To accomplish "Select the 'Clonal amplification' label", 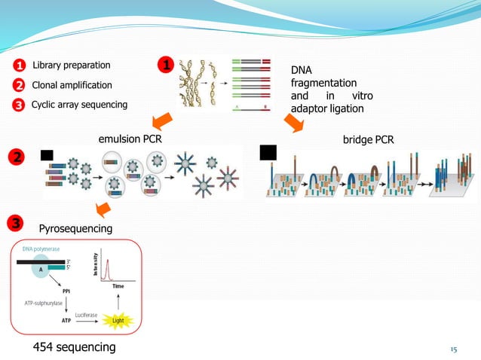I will point(72,85).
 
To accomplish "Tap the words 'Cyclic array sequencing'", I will point(79,104).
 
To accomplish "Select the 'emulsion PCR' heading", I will point(130,139).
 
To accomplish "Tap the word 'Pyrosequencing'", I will point(75,227).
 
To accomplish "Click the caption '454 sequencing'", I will point(73,346).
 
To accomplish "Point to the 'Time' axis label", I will point(118,287).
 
